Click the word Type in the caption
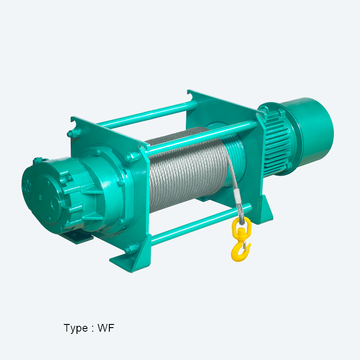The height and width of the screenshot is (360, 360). (x=76, y=328)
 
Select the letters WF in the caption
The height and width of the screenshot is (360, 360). (x=106, y=328)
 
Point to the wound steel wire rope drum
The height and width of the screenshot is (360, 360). (x=187, y=170)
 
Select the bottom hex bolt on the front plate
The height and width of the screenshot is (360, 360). (x=131, y=248)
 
